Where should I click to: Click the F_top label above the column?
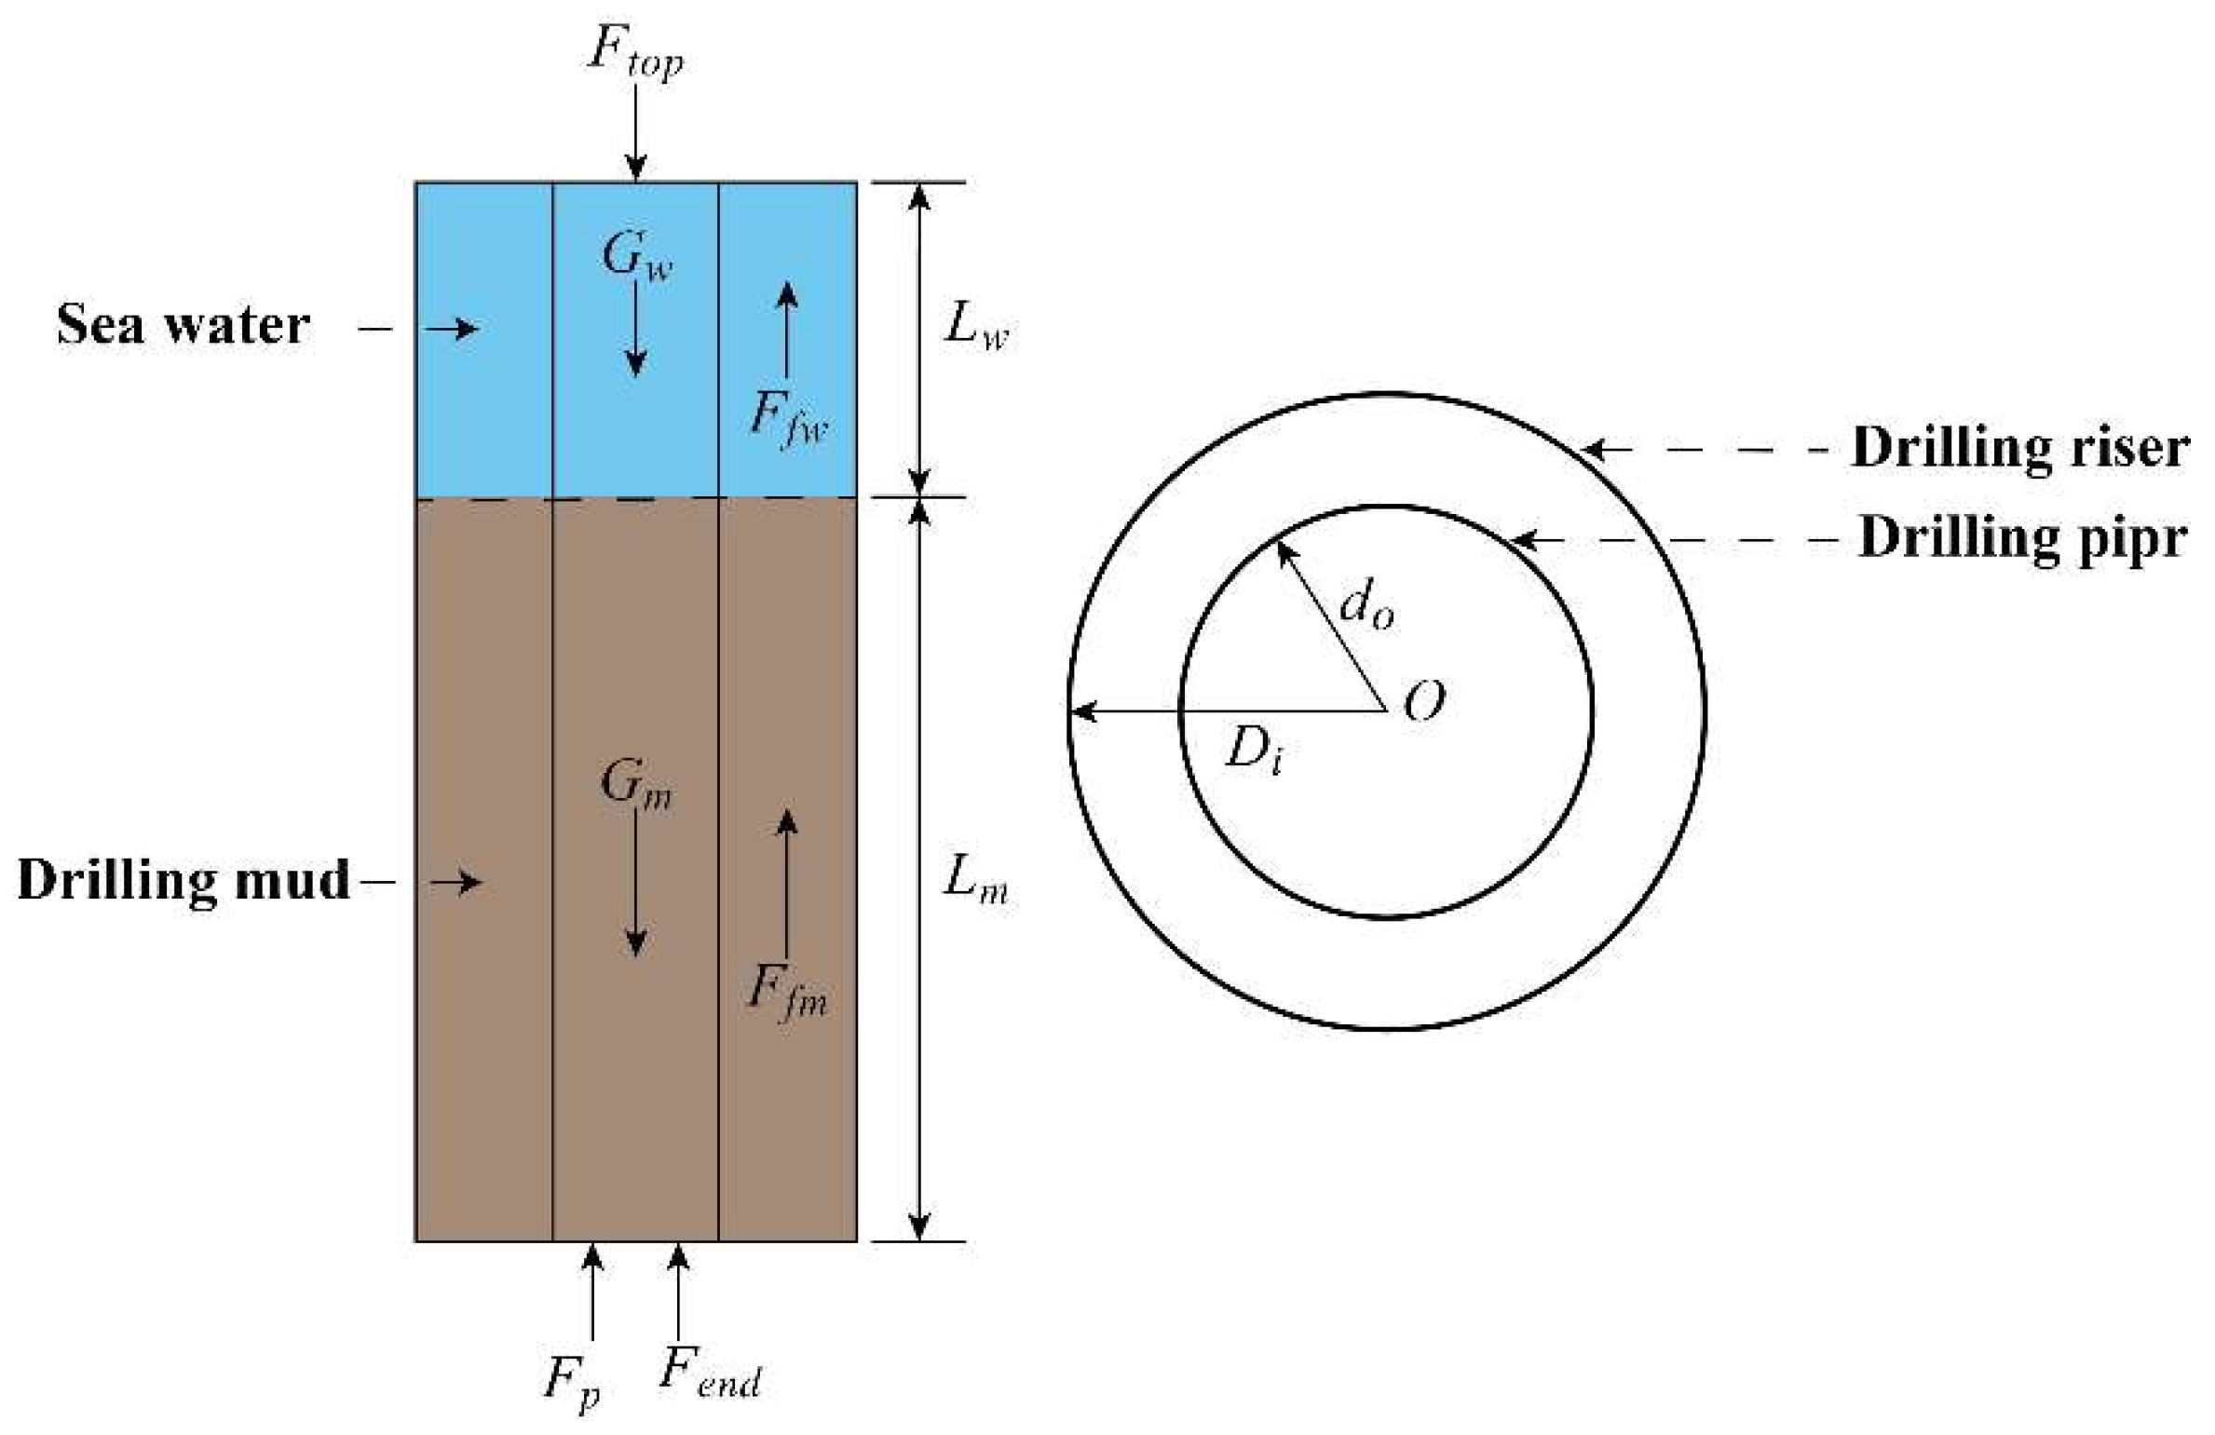coord(634,52)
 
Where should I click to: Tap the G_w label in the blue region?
coord(636,255)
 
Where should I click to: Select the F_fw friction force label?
coord(788,417)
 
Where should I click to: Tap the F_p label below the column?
coord(571,1380)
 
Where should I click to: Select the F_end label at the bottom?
coord(710,1373)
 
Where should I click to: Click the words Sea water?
coord(183,326)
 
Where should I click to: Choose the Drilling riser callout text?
coord(2018,449)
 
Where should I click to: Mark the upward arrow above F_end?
coord(678,1291)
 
